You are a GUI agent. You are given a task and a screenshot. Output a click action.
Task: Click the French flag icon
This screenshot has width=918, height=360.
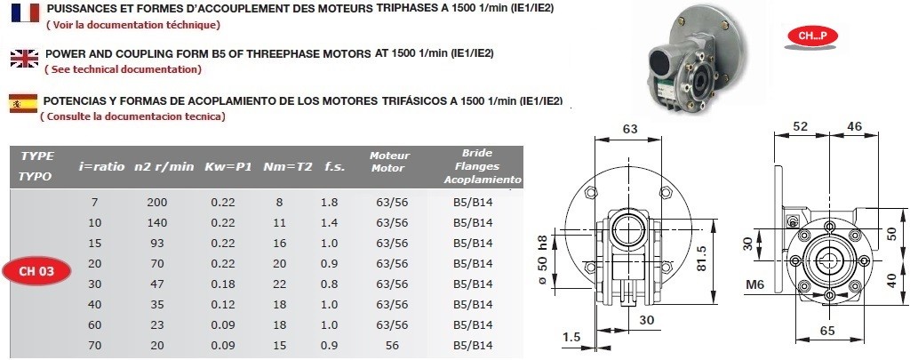pos(25,12)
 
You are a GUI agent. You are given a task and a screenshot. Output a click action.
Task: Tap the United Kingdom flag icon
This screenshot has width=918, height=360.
pos(25,59)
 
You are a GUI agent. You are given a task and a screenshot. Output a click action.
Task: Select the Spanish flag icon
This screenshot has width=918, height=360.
pos(23,104)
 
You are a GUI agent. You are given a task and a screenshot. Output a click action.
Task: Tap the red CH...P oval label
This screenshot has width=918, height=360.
pos(813,36)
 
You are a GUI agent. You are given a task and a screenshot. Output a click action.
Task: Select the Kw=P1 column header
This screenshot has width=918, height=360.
pos(228,167)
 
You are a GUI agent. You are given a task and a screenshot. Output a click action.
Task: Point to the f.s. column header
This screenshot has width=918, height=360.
pos(334,167)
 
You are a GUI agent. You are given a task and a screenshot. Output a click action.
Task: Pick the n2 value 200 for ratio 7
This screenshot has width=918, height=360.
pos(157,203)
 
